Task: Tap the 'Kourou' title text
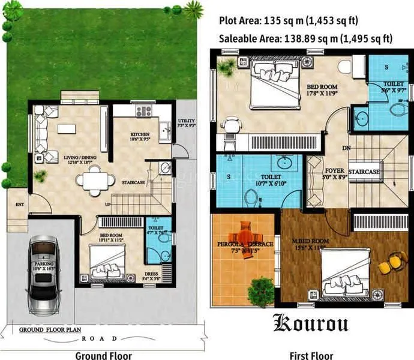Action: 311,322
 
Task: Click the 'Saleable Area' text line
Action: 307,39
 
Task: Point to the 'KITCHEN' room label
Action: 142,134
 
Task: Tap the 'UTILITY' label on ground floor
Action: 186,121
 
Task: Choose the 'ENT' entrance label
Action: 19,205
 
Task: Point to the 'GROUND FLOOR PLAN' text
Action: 50,330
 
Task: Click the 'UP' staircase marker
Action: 107,204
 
